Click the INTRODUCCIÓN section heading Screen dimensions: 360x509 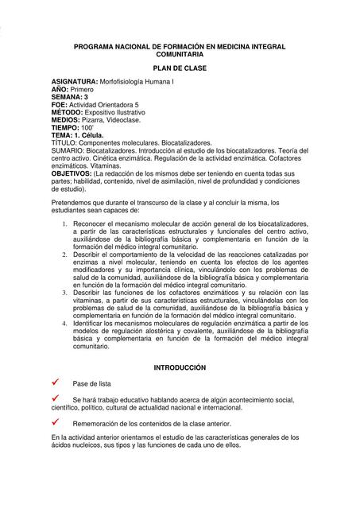(x=179, y=367)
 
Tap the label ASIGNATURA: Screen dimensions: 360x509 (x=74, y=83)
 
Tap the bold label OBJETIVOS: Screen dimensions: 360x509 (x=72, y=173)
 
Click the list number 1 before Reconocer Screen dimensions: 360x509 (x=64, y=225)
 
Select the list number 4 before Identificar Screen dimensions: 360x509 (x=64, y=324)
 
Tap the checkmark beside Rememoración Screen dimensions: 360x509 (x=56, y=422)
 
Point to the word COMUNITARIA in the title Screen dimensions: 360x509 (x=179, y=56)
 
